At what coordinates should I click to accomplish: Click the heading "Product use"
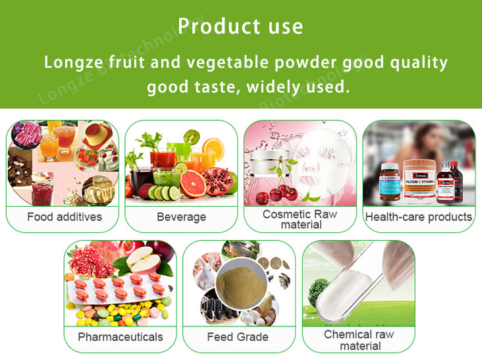point(240,26)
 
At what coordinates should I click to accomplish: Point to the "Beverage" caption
point(181,217)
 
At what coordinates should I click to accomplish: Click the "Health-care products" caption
point(419,217)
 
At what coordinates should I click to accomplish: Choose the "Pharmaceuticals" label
point(120,337)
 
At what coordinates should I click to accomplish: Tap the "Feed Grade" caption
point(238,337)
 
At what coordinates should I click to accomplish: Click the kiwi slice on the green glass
point(191,137)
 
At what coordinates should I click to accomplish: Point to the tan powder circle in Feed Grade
point(240,282)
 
